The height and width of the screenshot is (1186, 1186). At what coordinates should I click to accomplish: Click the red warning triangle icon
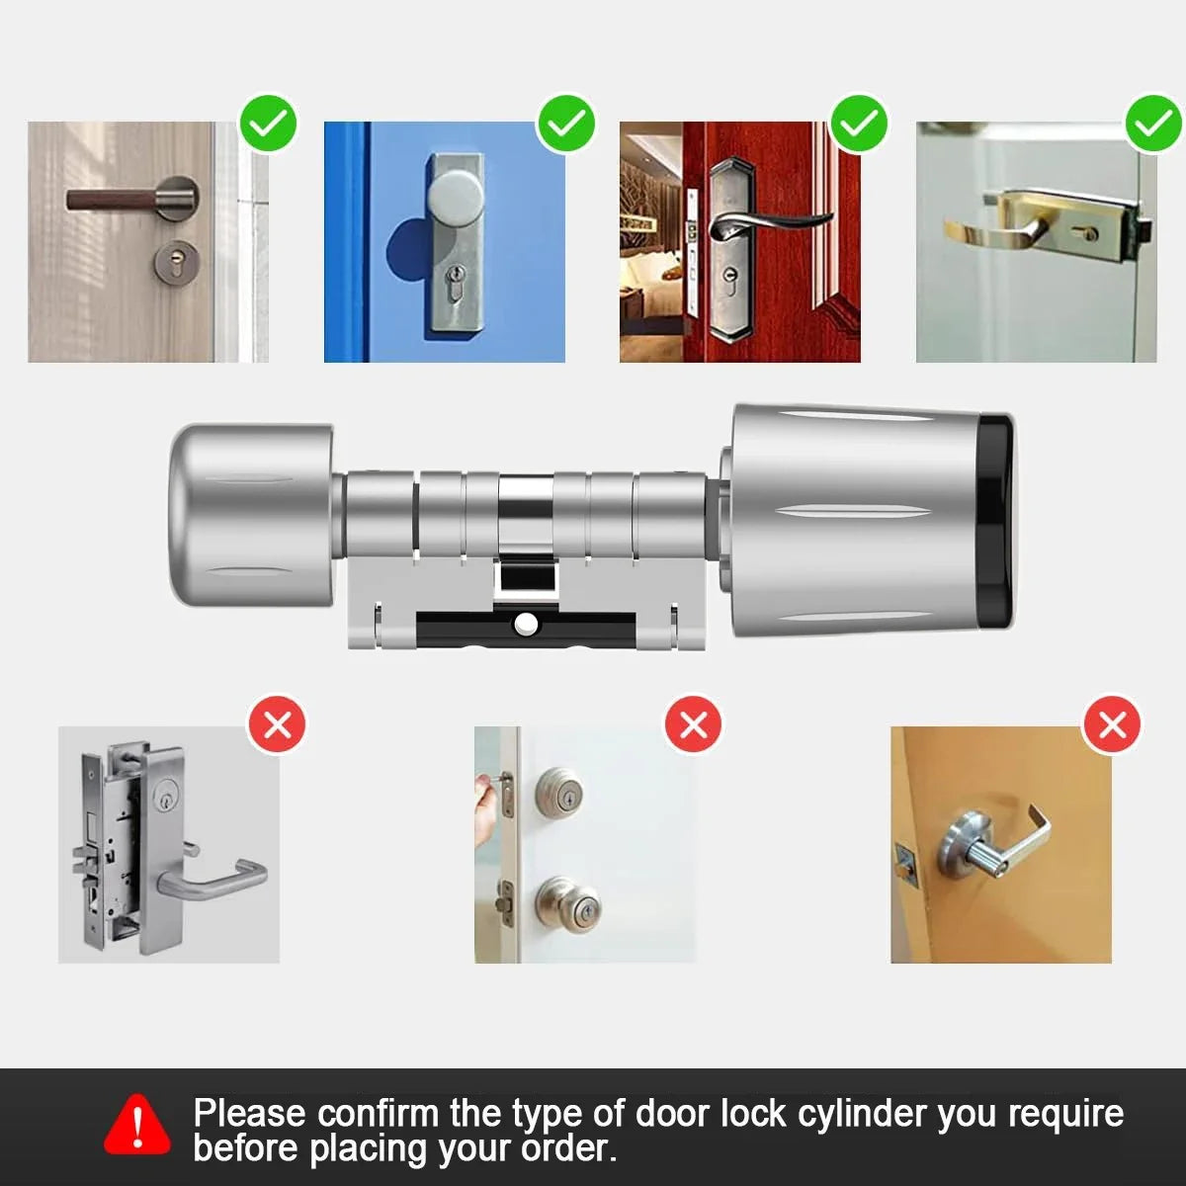coord(137,1124)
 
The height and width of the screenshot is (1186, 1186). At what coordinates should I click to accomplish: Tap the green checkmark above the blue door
coord(565,124)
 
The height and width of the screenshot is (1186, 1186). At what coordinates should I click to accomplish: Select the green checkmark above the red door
coord(859,124)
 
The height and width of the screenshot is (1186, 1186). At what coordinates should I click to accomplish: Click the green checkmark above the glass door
coord(1153,124)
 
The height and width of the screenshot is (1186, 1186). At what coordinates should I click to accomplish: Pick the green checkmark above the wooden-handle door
coord(269,124)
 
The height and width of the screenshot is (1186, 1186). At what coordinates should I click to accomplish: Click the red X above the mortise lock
coord(278,724)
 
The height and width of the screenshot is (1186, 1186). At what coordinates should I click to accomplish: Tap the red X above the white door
coord(694,724)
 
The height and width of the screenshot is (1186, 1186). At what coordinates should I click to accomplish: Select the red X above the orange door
coord(1112,724)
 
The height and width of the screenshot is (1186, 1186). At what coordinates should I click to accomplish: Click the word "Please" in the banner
coord(249,1114)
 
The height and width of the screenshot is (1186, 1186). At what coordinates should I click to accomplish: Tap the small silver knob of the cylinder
coord(251,514)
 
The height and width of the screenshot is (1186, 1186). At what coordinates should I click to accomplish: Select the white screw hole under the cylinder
coord(525,624)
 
